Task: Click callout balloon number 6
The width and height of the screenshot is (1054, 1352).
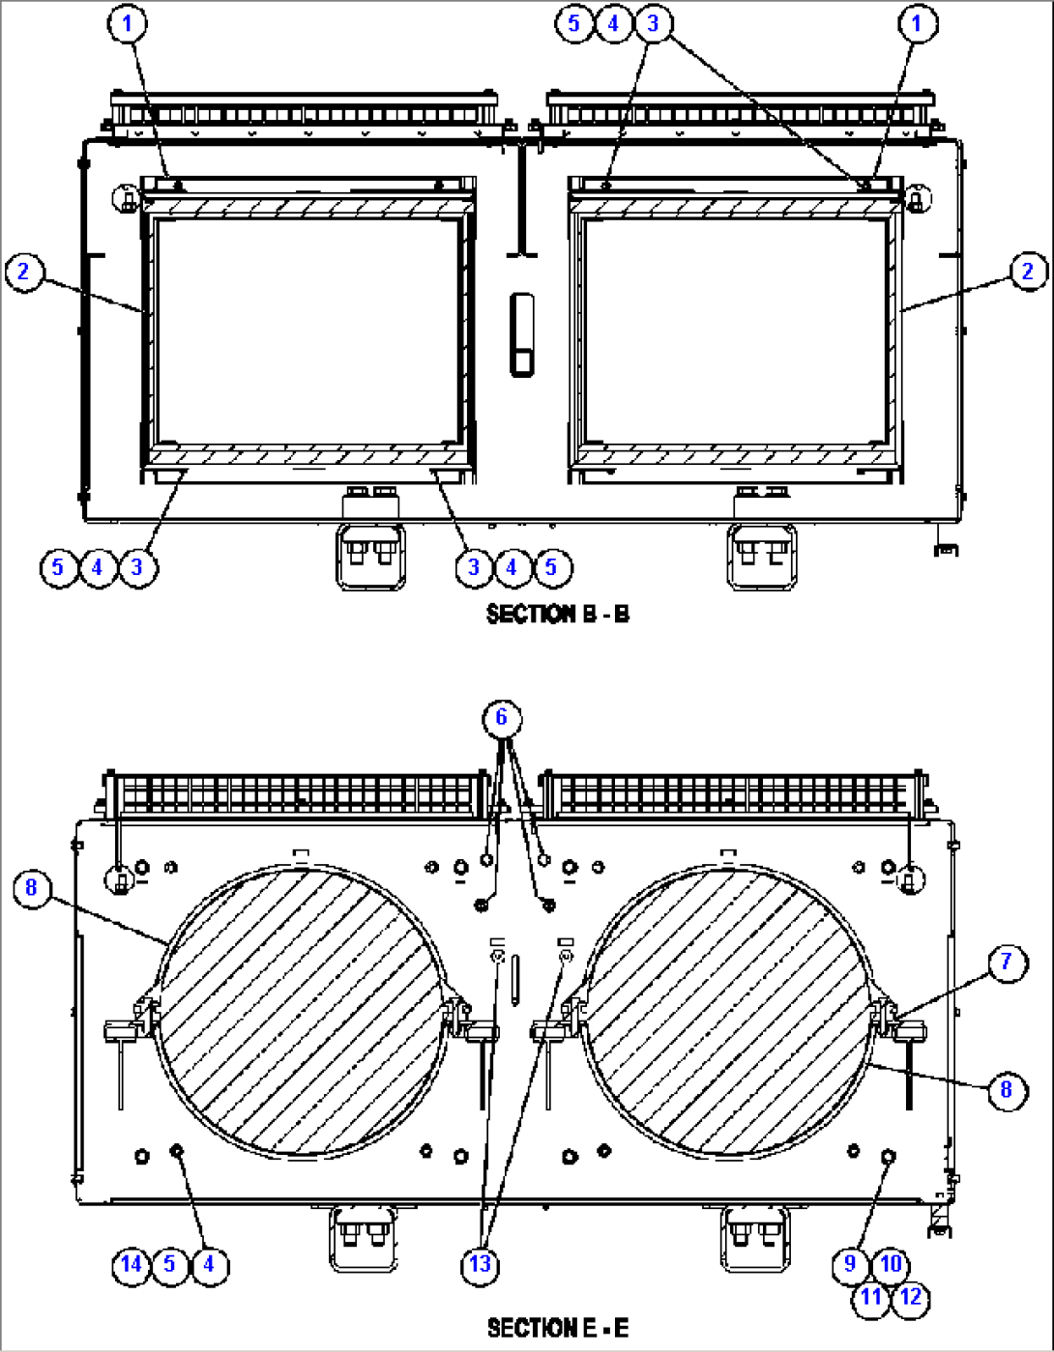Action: tap(501, 717)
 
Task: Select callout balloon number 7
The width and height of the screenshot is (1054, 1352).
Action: tap(1006, 962)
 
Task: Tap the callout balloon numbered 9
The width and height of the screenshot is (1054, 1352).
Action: tap(850, 1263)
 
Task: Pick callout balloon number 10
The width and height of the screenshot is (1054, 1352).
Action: tap(890, 1263)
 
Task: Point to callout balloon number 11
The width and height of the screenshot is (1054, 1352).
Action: tap(871, 1297)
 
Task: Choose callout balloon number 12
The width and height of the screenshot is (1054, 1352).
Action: tap(910, 1297)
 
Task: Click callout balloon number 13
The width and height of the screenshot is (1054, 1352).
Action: tap(480, 1264)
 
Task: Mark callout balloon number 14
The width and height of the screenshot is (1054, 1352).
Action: tap(131, 1264)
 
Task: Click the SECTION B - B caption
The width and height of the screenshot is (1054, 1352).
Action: tap(557, 614)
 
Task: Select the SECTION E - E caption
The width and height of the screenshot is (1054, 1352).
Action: tap(557, 1328)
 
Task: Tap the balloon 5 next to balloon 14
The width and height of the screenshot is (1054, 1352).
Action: tap(170, 1264)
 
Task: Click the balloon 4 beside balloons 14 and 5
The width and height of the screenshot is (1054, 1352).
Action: tap(209, 1264)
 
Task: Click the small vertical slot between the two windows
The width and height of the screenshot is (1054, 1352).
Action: tap(522, 334)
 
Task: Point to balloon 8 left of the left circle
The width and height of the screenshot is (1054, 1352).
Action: tap(32, 886)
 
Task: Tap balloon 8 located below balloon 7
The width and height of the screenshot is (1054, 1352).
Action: tap(1006, 1089)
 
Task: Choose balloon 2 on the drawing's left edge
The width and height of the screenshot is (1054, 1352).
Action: tap(23, 272)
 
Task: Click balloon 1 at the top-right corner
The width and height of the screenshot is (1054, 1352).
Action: tap(917, 22)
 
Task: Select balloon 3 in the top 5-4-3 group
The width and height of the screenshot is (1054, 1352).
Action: tap(653, 22)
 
